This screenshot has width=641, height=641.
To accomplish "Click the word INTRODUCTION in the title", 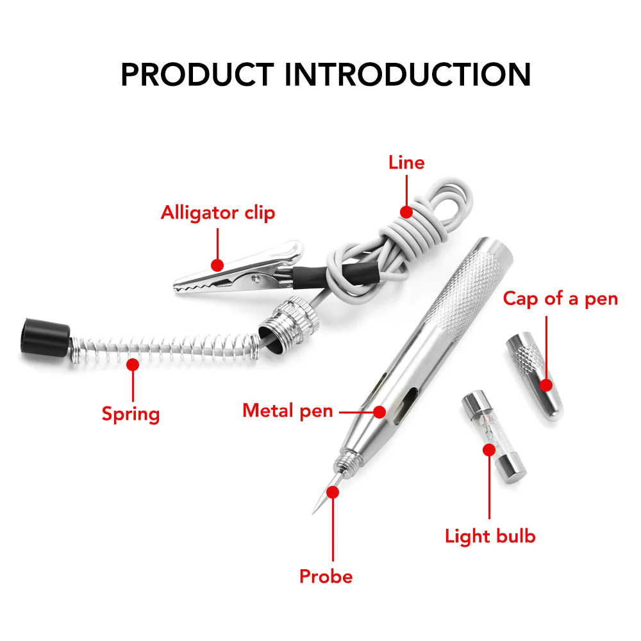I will tap(408, 74).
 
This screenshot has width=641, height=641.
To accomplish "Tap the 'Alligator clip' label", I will tap(218, 212).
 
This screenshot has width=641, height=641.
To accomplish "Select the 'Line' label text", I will tap(406, 163).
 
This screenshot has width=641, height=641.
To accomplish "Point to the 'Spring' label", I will tap(131, 413).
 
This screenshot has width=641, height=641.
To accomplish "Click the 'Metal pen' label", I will tap(288, 410).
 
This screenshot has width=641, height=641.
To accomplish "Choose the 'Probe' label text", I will tap(326, 576).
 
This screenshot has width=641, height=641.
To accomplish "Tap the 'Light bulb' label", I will tap(490, 536).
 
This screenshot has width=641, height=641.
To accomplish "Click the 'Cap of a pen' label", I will tap(560, 299).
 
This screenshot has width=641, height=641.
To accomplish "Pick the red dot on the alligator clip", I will tap(217, 264).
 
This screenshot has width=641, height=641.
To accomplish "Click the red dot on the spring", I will tap(133, 365).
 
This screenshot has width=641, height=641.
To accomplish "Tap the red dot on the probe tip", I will tap(333, 492).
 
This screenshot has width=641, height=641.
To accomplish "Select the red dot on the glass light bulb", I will tap(489, 449).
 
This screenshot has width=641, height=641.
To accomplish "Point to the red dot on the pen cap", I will tap(546, 385).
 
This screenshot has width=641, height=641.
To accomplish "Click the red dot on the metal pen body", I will tap(379, 411).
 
